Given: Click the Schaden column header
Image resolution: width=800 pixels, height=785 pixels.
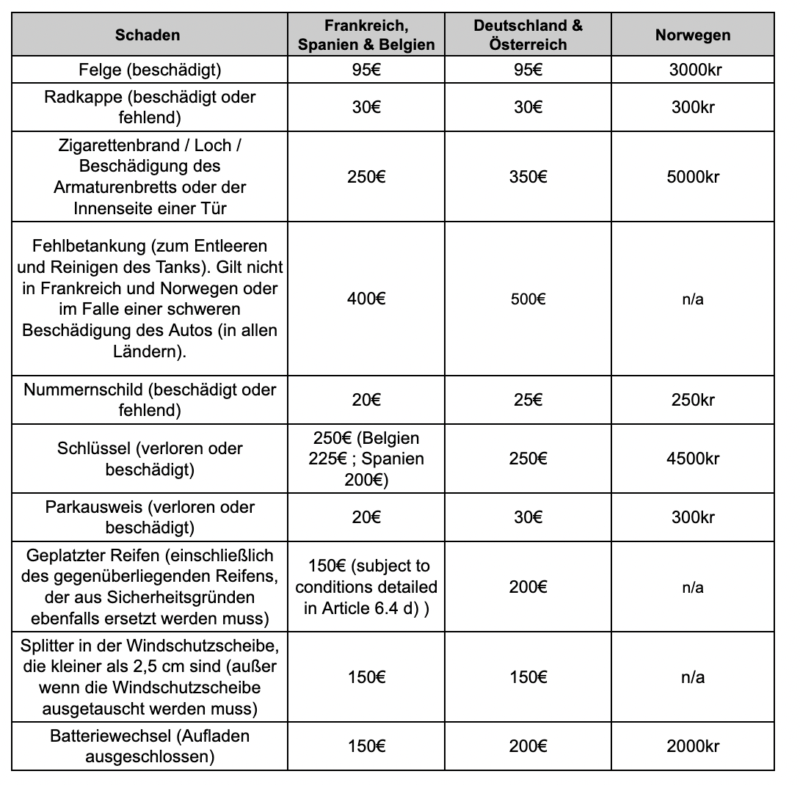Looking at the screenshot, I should click(148, 34).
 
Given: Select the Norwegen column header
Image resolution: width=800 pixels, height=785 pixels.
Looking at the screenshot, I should click(692, 34).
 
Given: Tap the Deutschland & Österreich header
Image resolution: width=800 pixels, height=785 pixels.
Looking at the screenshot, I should click(528, 34).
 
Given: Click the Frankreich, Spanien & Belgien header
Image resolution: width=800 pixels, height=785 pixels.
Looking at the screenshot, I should click(366, 34).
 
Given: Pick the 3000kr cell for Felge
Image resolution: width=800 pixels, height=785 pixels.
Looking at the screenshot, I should click(692, 70).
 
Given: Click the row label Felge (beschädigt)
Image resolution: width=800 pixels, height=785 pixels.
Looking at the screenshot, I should click(150, 70).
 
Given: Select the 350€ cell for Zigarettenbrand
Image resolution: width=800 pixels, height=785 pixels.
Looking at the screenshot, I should click(528, 177).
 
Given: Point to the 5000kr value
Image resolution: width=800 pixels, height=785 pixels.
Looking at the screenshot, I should click(692, 177).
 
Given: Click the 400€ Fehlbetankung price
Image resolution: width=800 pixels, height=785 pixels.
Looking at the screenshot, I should click(366, 299).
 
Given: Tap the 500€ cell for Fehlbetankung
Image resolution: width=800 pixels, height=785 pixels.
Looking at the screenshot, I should click(528, 299).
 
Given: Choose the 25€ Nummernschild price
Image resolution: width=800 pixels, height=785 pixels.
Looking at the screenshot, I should click(528, 400).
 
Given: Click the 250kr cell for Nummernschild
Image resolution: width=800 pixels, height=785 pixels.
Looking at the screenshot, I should click(692, 400).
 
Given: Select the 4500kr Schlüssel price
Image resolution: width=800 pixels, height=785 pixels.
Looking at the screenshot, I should click(692, 459).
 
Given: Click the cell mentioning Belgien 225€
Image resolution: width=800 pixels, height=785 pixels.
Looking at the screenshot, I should click(366, 459).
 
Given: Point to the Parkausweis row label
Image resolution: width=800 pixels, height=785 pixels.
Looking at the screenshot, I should click(150, 517).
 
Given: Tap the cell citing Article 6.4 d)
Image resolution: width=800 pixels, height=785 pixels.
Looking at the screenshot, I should click(366, 587).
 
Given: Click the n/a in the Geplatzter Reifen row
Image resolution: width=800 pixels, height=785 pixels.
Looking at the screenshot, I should click(692, 587).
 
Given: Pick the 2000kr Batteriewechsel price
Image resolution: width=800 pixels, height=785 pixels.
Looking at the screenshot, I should click(692, 746).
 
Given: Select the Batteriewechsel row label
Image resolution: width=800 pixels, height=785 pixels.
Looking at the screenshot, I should click(150, 746).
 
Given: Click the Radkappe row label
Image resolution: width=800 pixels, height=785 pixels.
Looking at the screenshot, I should click(150, 107).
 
